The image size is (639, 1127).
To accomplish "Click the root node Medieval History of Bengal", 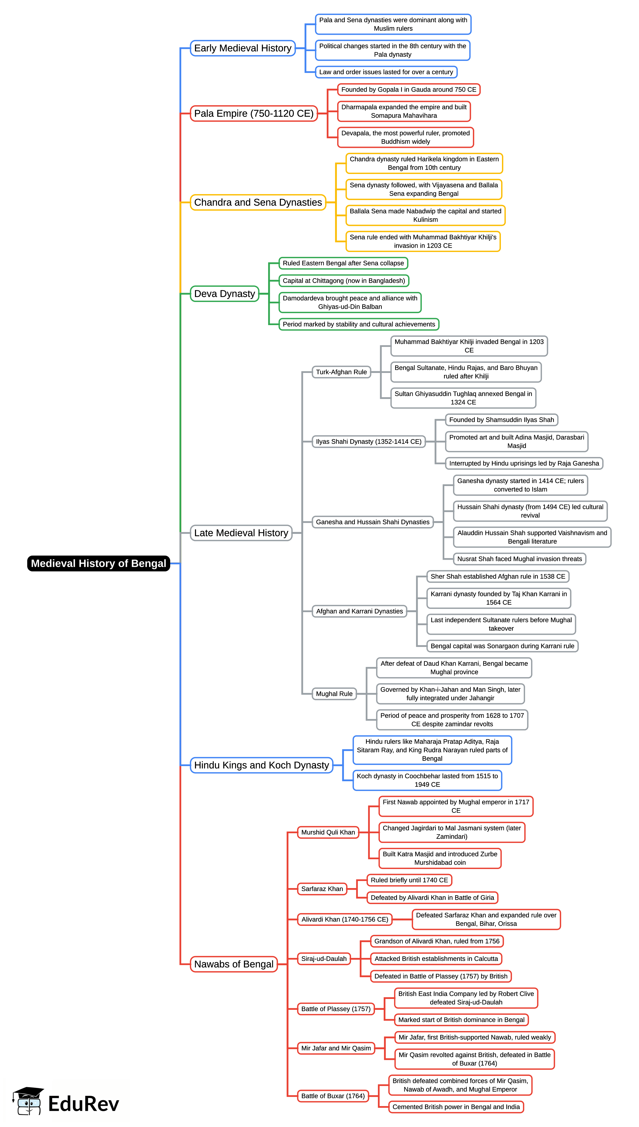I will (98, 563).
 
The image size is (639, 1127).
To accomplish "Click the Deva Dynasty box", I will (224, 294).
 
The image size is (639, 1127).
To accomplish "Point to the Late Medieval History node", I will (241, 533).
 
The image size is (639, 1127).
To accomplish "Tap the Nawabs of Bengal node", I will (234, 964).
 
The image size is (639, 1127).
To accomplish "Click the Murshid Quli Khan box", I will (328, 832).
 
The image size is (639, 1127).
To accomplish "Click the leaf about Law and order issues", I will (386, 72).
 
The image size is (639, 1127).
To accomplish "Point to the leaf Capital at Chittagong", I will (344, 281).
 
